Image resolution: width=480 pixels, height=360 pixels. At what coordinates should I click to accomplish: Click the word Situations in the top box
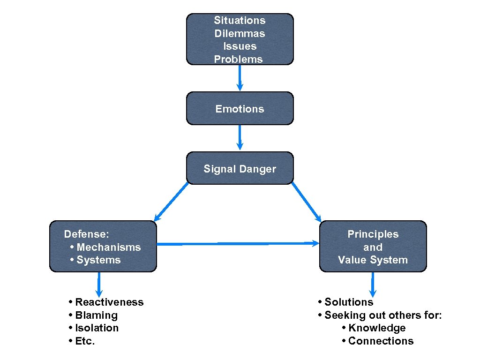pyautogui.click(x=240, y=21)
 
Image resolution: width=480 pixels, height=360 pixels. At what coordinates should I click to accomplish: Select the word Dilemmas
pyautogui.click(x=240, y=34)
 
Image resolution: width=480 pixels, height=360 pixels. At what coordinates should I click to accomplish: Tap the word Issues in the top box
pyautogui.click(x=240, y=46)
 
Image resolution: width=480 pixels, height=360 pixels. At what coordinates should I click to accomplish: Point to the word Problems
pyautogui.click(x=238, y=60)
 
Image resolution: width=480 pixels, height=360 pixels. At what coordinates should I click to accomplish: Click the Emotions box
pyautogui.click(x=240, y=109)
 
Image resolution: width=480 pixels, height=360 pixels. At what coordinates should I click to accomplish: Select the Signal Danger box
pyautogui.click(x=240, y=169)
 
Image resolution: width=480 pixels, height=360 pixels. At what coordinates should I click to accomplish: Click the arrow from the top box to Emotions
pyautogui.click(x=240, y=77)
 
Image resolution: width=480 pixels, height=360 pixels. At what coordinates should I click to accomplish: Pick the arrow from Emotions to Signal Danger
pyautogui.click(x=240, y=137)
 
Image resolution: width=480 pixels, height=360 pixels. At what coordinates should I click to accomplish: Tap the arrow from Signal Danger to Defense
pyautogui.click(x=172, y=202)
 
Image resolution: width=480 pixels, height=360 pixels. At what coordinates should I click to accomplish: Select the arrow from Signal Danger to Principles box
pyautogui.click(x=307, y=202)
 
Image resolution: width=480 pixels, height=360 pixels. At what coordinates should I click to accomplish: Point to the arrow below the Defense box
pyautogui.click(x=99, y=284)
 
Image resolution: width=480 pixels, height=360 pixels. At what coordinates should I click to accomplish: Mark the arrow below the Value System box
pyautogui.click(x=373, y=284)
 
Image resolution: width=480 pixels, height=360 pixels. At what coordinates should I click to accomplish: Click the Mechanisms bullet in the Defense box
pyautogui.click(x=108, y=247)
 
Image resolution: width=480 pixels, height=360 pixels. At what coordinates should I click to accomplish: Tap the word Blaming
pyautogui.click(x=96, y=315)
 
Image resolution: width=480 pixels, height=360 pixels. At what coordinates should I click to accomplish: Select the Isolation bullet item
pyautogui.click(x=97, y=328)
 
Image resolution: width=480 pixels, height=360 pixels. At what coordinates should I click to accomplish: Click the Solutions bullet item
pyautogui.click(x=348, y=302)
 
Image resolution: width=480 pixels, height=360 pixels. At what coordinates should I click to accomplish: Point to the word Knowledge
pyautogui.click(x=376, y=328)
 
